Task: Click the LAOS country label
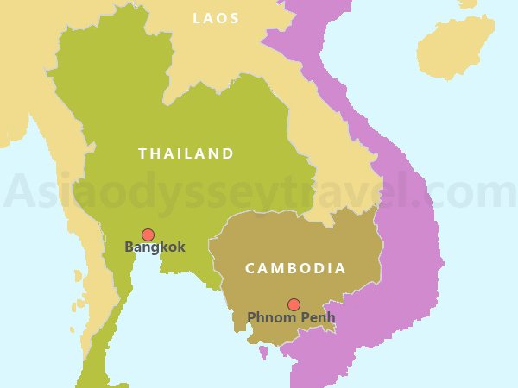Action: [216, 18]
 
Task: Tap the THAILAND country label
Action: [186, 153]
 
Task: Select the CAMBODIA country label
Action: [295, 268]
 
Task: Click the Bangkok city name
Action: [155, 247]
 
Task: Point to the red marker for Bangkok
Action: [148, 235]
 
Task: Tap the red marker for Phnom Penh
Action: [294, 304]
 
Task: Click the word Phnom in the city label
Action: [270, 318]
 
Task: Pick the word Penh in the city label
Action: [316, 318]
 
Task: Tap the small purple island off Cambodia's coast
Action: [263, 352]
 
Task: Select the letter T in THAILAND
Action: [142, 153]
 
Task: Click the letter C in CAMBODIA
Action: [250, 268]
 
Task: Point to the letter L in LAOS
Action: [198, 18]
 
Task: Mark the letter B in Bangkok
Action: [130, 247]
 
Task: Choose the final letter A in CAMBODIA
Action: [340, 268]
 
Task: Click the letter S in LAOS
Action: [234, 18]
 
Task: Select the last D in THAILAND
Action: [228, 153]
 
